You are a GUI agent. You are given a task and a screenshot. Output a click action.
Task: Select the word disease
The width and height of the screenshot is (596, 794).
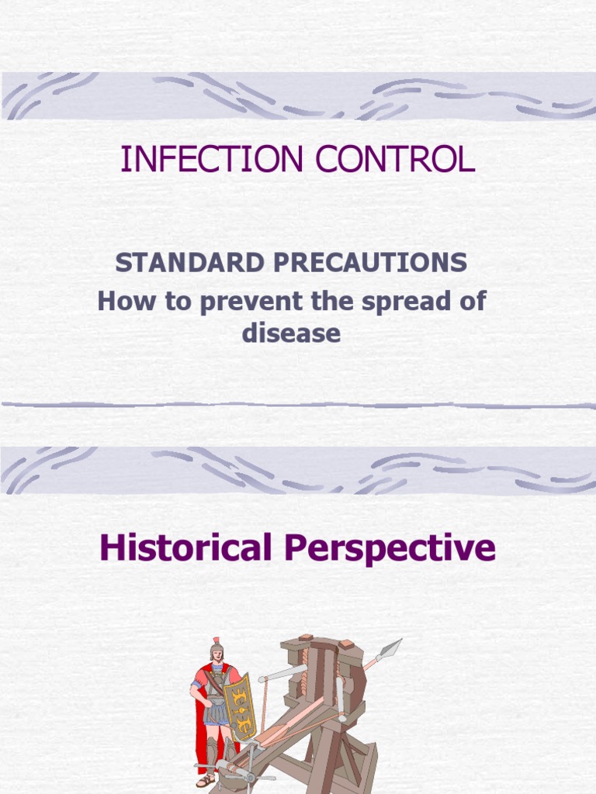coord(291,333)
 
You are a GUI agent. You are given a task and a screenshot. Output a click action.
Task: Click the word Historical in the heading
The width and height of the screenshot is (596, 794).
coord(184,548)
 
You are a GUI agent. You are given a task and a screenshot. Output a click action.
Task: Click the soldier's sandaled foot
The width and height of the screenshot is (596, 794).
coord(205,781)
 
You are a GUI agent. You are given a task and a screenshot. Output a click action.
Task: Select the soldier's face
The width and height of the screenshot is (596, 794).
coord(217,657)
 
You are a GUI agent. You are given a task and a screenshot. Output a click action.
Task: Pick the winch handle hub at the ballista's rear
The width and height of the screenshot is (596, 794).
coord(249,776)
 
